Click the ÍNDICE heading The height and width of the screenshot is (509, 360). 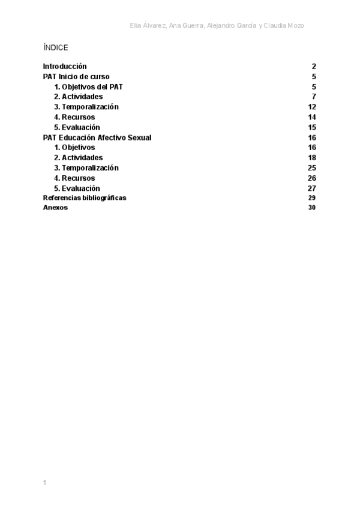click(56, 48)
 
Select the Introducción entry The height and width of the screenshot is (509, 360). click(65, 67)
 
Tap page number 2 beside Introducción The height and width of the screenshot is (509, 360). click(314, 67)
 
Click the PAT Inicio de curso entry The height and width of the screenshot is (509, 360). click(76, 77)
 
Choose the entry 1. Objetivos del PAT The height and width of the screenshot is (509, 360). click(88, 87)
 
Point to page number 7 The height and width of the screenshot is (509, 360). click(314, 97)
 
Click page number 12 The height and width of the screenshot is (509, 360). click(312, 107)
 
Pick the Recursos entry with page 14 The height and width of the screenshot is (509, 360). click(74, 117)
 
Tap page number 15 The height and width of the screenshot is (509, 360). click(312, 127)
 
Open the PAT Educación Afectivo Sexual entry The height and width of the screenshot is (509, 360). click(97, 137)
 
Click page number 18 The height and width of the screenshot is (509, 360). click(312, 158)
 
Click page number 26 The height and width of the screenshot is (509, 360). click(312, 178)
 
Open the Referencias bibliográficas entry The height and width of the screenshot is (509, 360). click(85, 198)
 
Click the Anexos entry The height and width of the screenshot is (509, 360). click(55, 208)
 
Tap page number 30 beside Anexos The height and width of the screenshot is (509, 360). click(312, 208)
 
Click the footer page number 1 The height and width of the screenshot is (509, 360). click(44, 483)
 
